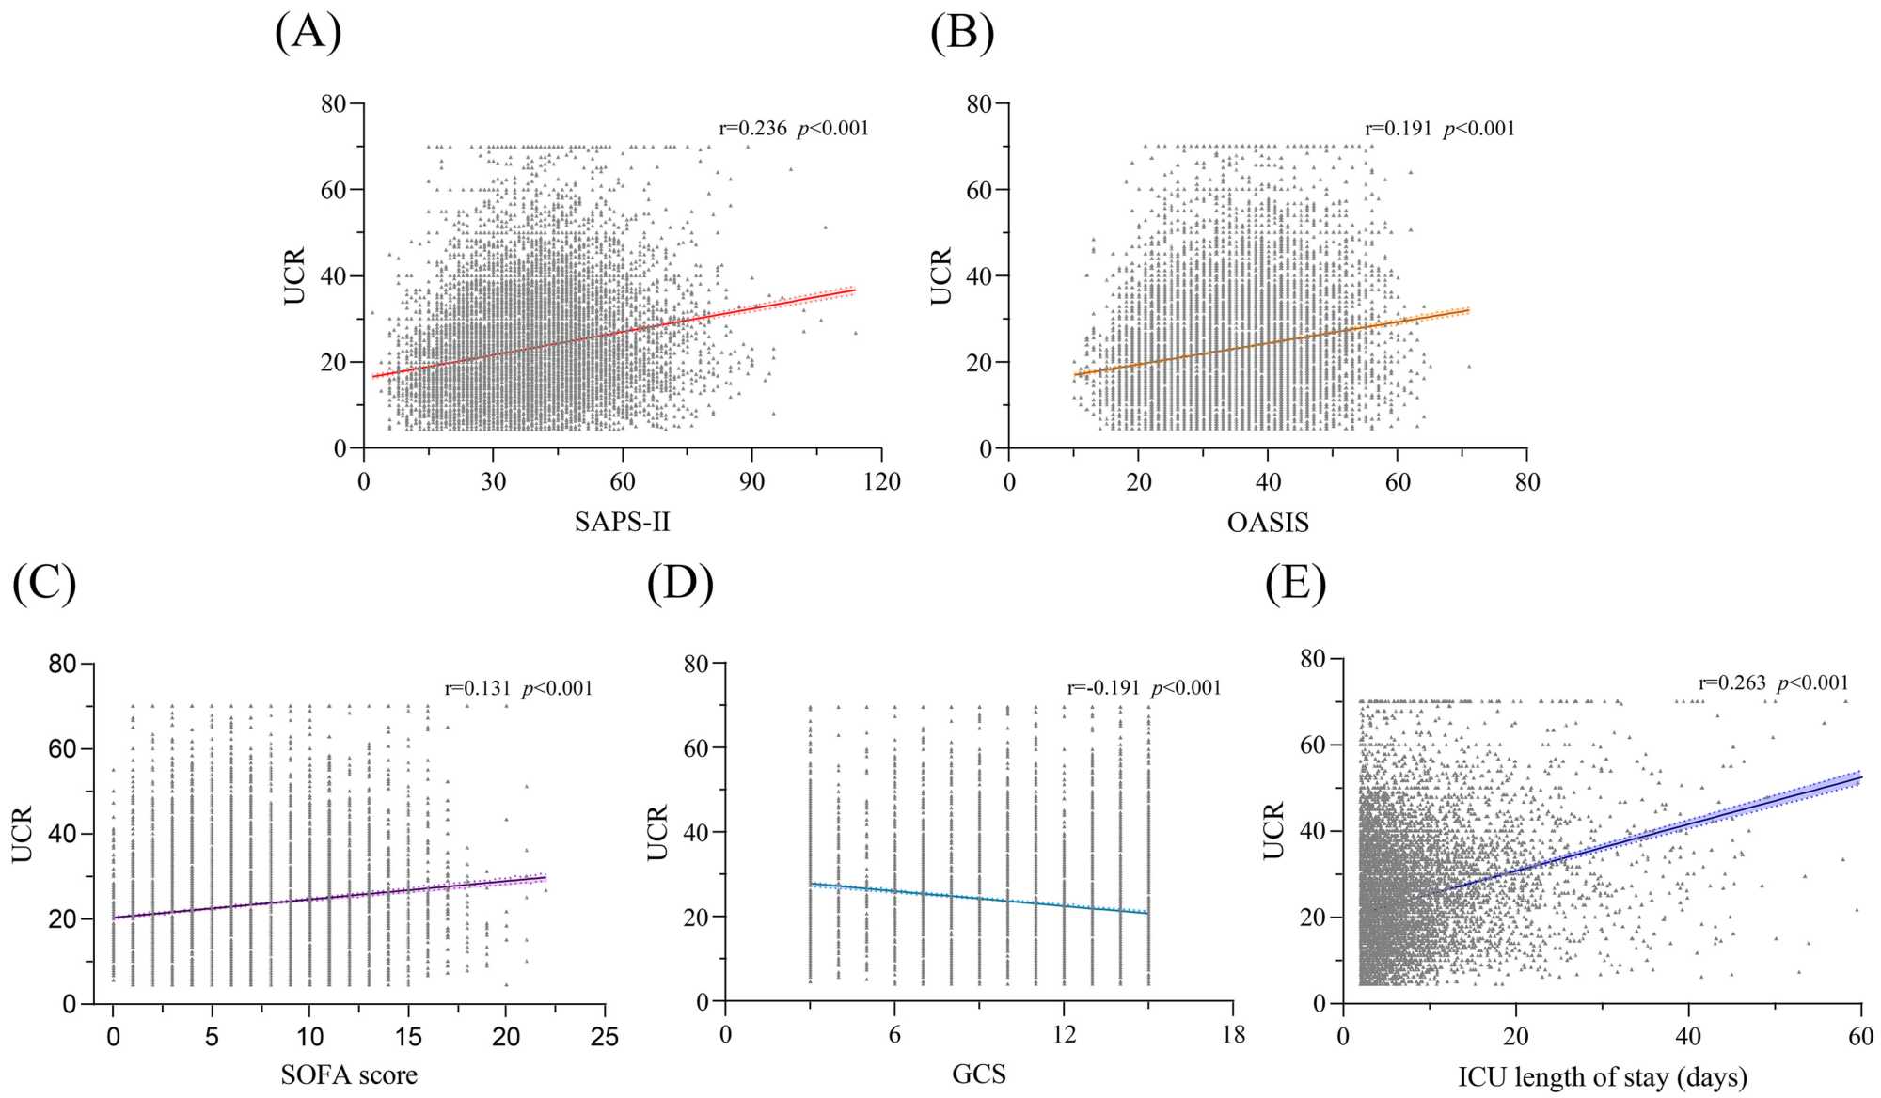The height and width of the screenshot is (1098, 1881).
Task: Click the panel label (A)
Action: tap(308, 33)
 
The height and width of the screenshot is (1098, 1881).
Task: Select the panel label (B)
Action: tap(961, 33)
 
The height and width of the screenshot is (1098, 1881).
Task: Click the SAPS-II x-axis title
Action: tap(623, 522)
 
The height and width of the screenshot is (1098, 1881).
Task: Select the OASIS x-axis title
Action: tap(1268, 522)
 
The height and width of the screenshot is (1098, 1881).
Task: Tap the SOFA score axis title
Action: tap(349, 1074)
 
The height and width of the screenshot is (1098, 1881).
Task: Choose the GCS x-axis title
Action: tap(979, 1074)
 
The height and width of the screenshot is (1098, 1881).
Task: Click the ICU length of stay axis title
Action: tap(1603, 1076)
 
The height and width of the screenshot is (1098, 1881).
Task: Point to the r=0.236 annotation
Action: tap(752, 129)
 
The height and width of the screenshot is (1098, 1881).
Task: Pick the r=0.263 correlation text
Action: tap(1731, 683)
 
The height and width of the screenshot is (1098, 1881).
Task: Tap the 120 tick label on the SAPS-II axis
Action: tap(881, 482)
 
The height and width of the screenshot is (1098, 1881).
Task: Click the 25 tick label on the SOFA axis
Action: tap(605, 1037)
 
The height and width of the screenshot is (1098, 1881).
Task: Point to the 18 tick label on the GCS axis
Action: tap(1233, 1035)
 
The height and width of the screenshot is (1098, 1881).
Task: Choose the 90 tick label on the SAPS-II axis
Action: tap(751, 482)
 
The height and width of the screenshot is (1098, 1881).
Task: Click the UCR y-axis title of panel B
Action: tap(941, 275)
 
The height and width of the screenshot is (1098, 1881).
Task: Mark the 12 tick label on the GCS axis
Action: tap(1064, 1035)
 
